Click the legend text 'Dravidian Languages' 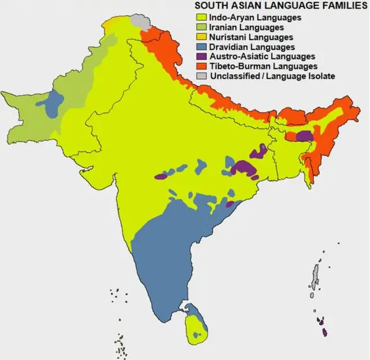click(252, 47)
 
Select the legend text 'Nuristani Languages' click(250, 37)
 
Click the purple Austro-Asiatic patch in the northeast click(303, 135)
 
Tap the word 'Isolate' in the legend click(320, 76)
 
